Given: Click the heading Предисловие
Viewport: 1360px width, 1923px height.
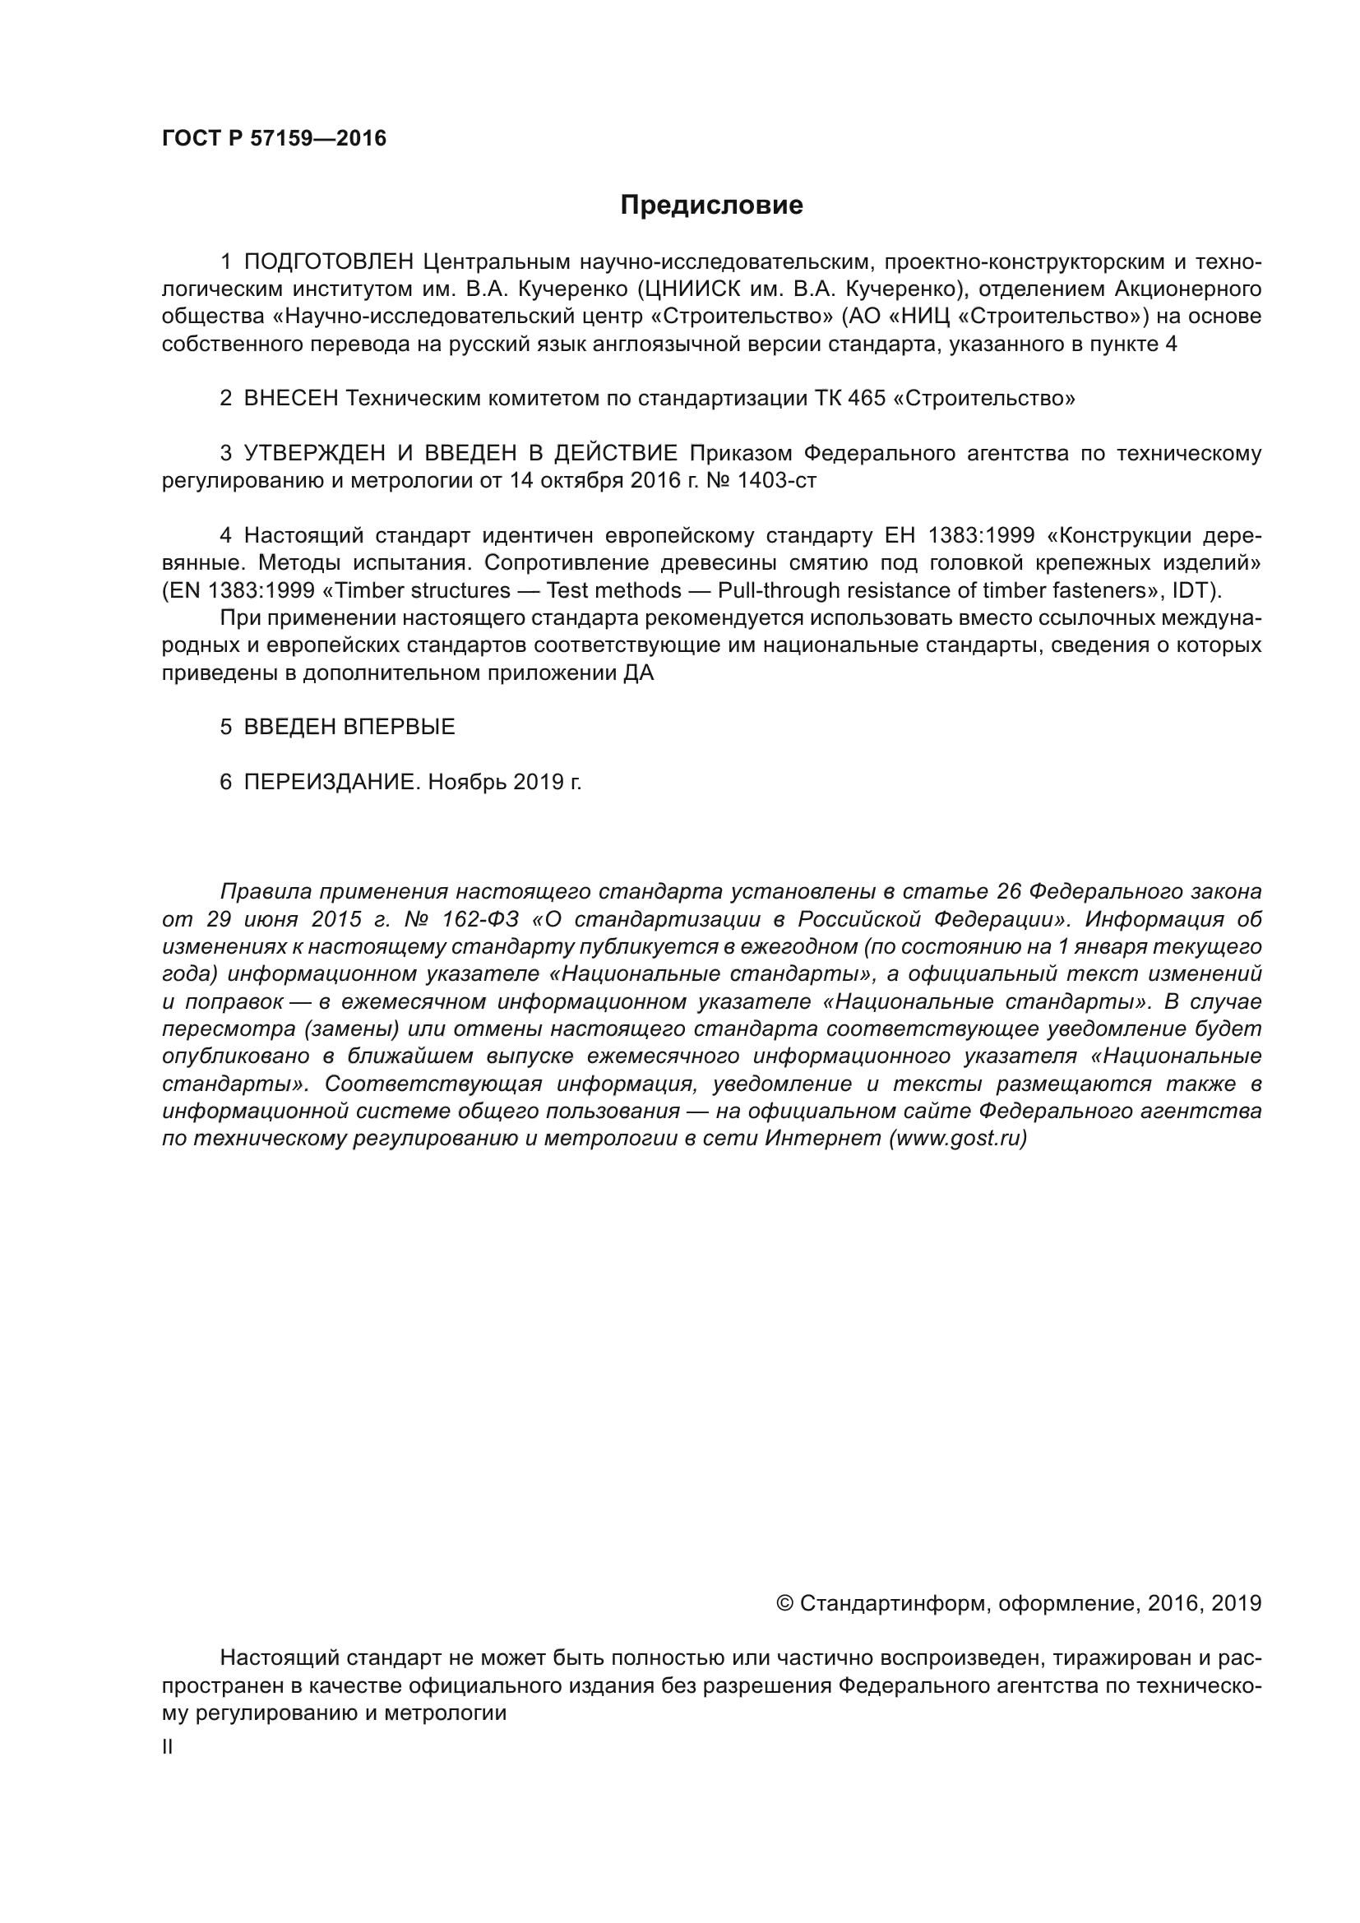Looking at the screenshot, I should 711,206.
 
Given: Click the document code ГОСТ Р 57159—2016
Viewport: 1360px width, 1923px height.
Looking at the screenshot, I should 274,138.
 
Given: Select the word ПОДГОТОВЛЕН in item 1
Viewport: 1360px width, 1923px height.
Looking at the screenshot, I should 328,262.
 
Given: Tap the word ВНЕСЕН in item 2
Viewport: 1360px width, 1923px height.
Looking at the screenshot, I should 290,399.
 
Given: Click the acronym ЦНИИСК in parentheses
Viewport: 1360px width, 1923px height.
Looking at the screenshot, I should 690,289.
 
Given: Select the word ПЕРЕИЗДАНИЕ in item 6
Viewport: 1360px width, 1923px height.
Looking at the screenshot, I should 329,782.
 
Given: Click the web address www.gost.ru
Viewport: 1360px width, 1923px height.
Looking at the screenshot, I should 957,1138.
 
